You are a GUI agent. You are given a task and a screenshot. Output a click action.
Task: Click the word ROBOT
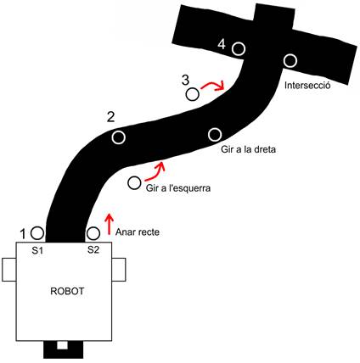[67, 291]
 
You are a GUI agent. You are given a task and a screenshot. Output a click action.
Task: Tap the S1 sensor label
[37, 250]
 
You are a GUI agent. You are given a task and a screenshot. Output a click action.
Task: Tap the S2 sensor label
[93, 249]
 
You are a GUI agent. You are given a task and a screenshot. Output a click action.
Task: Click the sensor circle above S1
[37, 233]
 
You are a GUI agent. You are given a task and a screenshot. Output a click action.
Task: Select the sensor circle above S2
[93, 233]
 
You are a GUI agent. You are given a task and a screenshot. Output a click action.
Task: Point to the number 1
[24, 234]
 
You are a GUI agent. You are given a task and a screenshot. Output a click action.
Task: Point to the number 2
[111, 117]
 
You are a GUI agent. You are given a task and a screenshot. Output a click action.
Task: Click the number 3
[185, 80]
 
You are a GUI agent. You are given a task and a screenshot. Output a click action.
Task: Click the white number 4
[222, 44]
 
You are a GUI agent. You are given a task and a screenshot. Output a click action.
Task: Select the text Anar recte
[138, 232]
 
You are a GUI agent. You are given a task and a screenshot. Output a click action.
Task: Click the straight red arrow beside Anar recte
[109, 224]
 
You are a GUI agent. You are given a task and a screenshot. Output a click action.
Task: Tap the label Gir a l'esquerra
[178, 188]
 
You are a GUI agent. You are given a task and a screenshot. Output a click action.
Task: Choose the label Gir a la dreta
[248, 149]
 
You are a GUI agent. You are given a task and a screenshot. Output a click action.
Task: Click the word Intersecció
[307, 85]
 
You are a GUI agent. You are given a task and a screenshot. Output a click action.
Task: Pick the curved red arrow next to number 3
[213, 84]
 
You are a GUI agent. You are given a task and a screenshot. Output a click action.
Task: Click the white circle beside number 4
[239, 48]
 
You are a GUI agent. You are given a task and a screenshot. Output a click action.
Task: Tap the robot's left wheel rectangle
[9, 270]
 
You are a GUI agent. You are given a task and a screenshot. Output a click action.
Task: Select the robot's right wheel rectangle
[119, 270]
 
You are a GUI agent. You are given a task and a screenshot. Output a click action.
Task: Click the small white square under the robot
[62, 345]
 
